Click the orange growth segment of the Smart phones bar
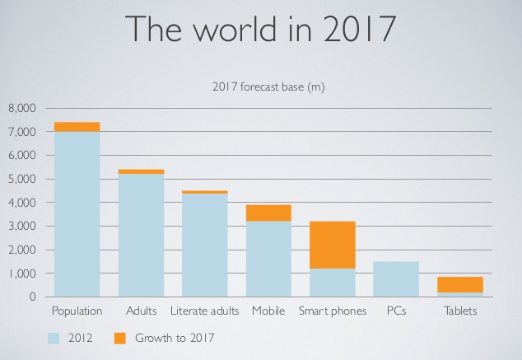(x=333, y=245)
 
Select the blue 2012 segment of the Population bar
(x=77, y=213)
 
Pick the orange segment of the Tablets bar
(x=459, y=284)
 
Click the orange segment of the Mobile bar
(x=268, y=213)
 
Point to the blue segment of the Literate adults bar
(x=205, y=245)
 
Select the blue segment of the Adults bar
(x=141, y=235)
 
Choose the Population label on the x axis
(x=77, y=311)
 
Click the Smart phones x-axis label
(x=333, y=311)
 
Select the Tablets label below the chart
(x=459, y=311)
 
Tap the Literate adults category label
(x=205, y=311)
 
